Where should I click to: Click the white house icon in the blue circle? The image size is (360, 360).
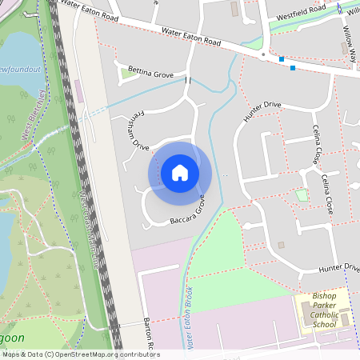point(180,172)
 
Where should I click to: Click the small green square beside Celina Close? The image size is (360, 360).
point(302,194)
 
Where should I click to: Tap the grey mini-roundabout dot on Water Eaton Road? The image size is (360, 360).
point(263,55)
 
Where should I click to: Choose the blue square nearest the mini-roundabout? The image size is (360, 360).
point(281,59)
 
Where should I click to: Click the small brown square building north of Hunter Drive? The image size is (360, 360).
point(281,245)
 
